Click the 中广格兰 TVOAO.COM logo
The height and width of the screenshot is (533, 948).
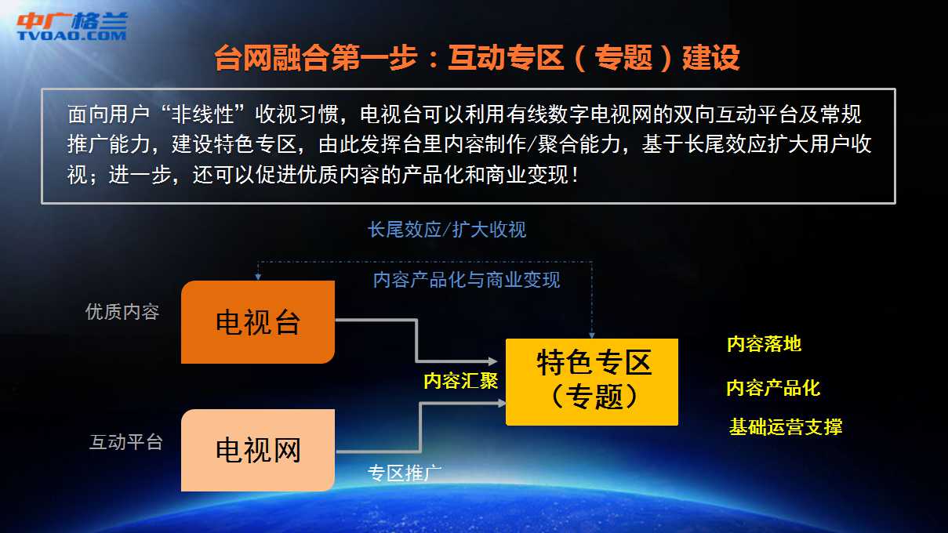71,27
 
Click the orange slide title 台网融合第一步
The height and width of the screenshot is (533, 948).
316,58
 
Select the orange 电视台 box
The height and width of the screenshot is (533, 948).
258,322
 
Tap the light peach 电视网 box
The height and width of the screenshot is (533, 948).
258,450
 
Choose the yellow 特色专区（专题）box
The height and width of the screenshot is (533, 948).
592,382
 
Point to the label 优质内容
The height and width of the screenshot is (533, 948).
122,312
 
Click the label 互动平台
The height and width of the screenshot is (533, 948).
126,442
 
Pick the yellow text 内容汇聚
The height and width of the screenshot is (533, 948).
460,381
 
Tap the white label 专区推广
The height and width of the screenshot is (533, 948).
404,473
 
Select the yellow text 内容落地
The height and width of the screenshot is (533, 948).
764,343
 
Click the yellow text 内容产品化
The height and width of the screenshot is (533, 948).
773,388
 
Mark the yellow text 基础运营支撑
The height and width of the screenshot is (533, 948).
786,426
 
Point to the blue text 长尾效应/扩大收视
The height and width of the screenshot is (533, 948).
447,230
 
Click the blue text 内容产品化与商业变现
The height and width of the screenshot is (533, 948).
467,280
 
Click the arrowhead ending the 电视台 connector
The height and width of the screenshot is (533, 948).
493,361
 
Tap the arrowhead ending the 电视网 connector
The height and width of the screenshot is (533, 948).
502,403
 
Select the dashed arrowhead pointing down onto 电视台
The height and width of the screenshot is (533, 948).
258,277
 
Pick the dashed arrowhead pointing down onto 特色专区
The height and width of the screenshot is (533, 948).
592,335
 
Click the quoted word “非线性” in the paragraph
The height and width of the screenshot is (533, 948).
203,114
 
